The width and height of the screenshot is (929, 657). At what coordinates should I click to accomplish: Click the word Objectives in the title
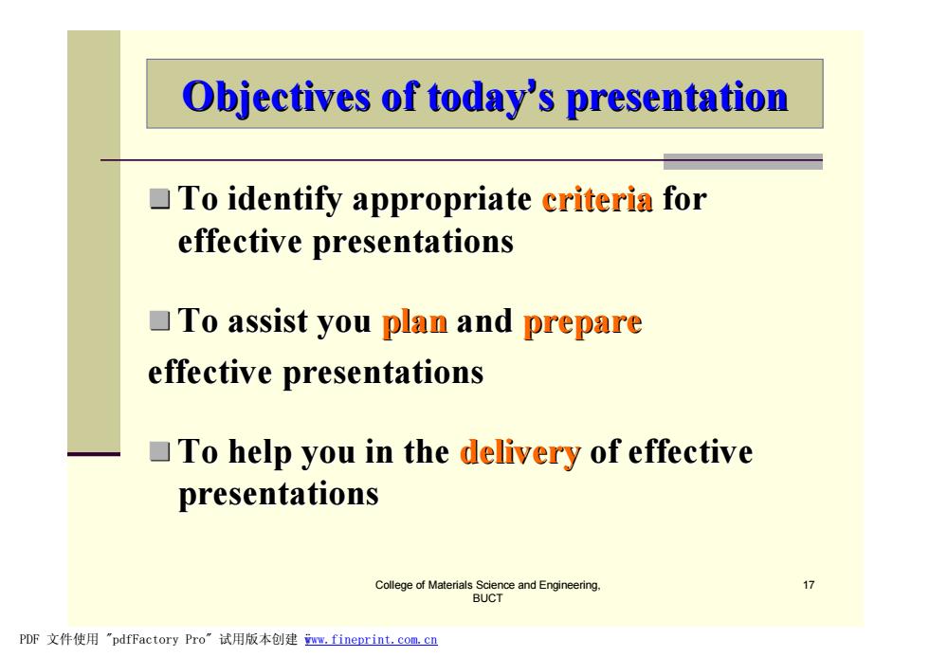(276, 97)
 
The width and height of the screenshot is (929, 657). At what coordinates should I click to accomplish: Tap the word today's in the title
(491, 97)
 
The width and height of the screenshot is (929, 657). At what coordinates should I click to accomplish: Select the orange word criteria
(597, 199)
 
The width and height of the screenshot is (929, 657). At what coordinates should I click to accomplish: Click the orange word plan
(415, 323)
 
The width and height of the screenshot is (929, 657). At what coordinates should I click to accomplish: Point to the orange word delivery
(519, 453)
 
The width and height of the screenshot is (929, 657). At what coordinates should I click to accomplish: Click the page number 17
(808, 585)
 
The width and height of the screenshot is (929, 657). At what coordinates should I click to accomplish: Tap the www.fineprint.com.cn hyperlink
(371, 640)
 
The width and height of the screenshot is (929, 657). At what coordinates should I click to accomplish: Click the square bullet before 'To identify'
(160, 199)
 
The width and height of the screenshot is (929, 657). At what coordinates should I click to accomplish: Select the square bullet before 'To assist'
(160, 321)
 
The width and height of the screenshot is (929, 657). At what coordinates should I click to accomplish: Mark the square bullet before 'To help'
(160, 451)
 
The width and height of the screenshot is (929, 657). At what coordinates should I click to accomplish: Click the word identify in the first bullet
(285, 200)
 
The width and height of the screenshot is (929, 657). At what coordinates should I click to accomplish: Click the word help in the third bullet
(260, 453)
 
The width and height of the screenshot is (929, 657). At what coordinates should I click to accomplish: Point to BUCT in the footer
(487, 598)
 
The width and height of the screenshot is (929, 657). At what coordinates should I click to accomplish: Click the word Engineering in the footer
(570, 585)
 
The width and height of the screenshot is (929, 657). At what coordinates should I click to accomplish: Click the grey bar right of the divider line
(743, 162)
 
